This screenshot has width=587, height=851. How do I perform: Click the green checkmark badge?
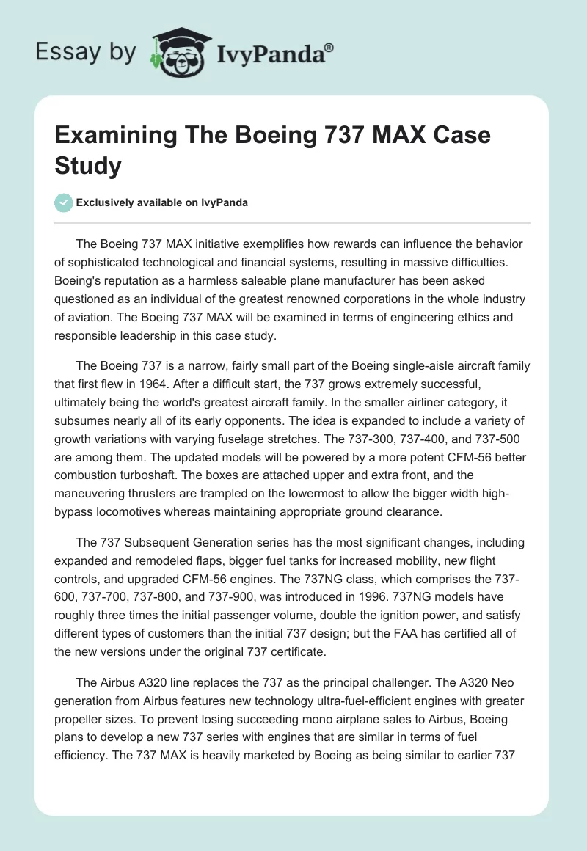[63, 202]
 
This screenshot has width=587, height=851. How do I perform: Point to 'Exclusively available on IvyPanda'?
[161, 202]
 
